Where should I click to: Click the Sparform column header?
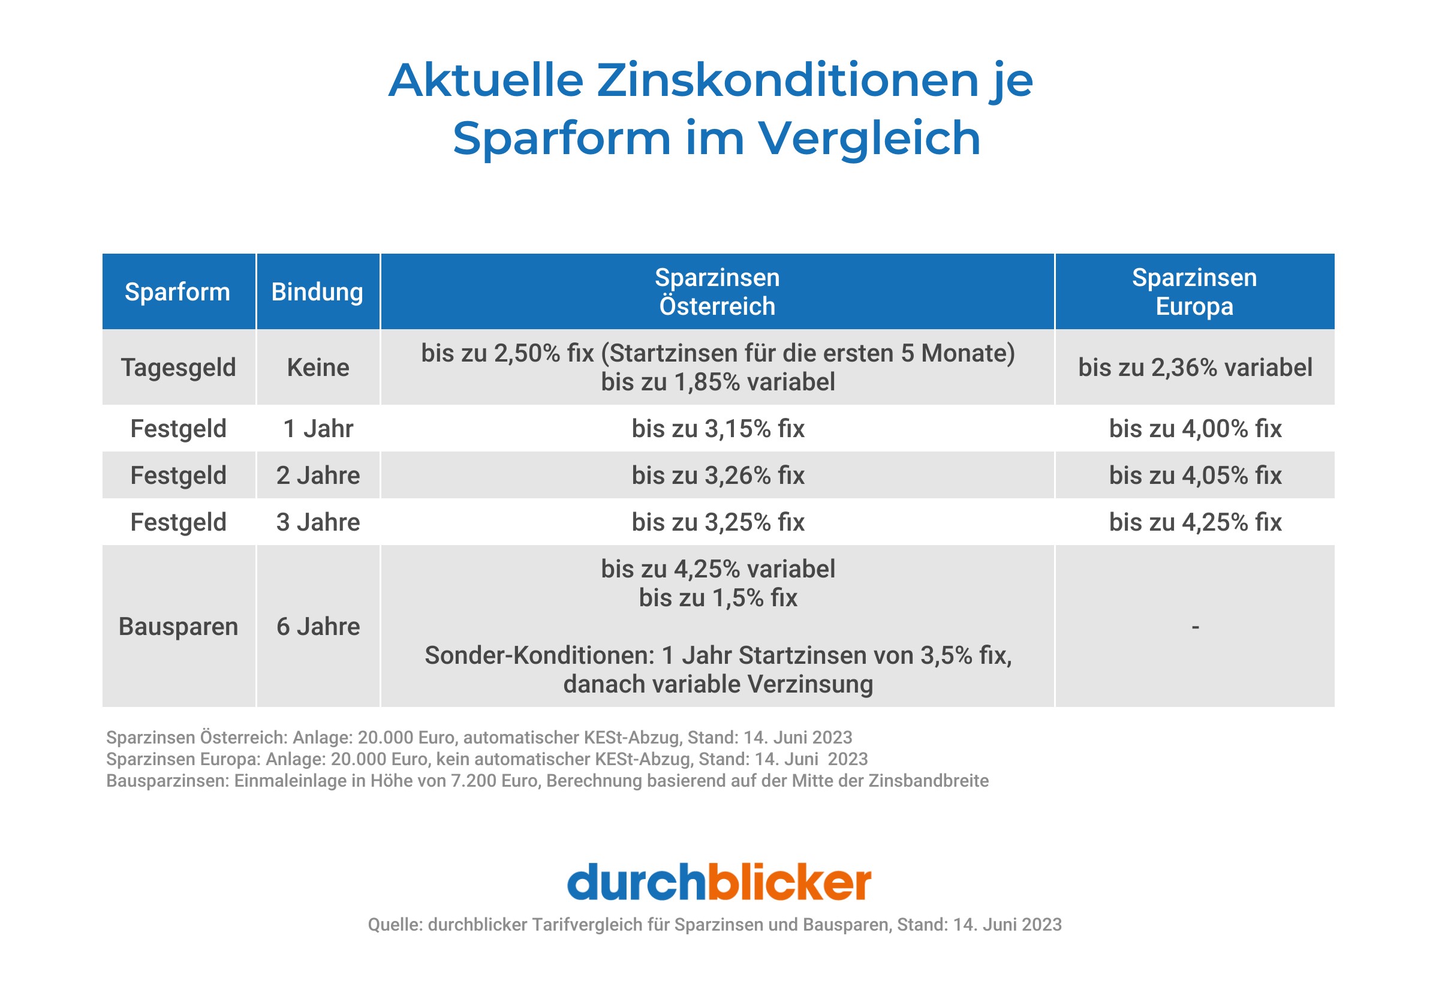tap(177, 291)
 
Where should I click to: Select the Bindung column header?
tap(317, 291)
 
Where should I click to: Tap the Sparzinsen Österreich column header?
tap(717, 291)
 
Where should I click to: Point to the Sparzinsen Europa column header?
tap(1194, 291)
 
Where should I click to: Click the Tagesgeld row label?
tap(178, 367)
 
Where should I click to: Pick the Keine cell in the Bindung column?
tap(318, 367)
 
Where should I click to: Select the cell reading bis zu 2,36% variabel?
tap(1194, 367)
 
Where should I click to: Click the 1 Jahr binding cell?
tap(318, 429)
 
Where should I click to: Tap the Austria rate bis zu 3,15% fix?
tap(718, 429)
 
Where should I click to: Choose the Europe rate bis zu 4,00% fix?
tap(1194, 429)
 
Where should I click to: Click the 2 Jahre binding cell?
tap(318, 475)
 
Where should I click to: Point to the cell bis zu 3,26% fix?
tap(718, 475)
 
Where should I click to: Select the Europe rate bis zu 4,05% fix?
tap(1194, 475)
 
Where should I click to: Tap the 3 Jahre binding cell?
tap(318, 522)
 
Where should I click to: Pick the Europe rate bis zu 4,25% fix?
tap(1194, 522)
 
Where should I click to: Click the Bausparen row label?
tap(178, 626)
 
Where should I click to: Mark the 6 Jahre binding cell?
tap(318, 626)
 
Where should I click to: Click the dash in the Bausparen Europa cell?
tap(1195, 627)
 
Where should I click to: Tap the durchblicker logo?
tap(719, 882)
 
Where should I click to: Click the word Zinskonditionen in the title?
tap(787, 80)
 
